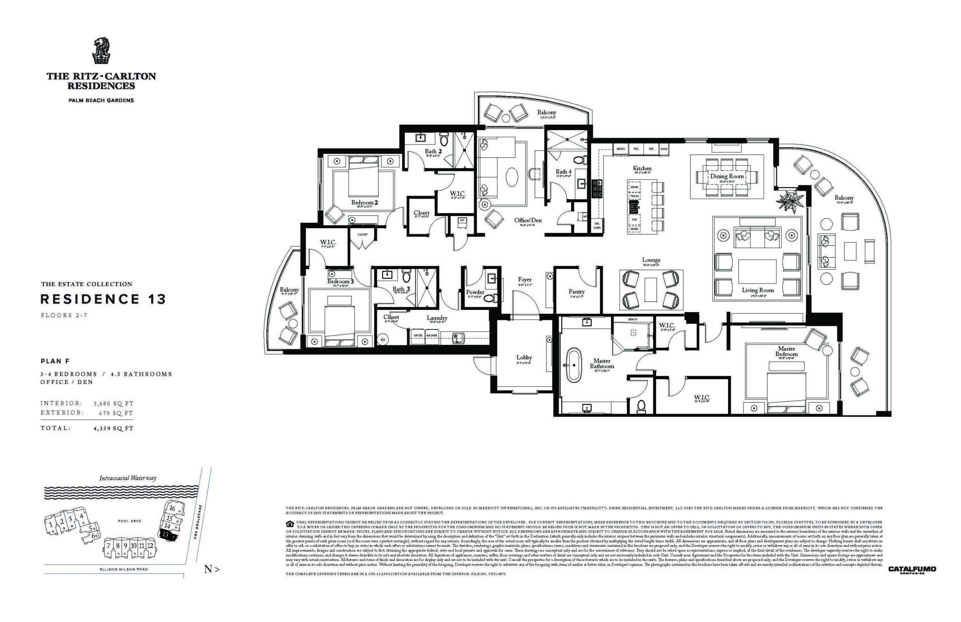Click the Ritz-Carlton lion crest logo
(x=101, y=51)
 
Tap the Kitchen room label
(x=642, y=169)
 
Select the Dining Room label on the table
(x=727, y=177)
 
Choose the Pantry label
(x=576, y=292)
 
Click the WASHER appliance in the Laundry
(x=431, y=336)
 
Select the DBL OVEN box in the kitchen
(x=597, y=225)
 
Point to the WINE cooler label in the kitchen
(x=663, y=149)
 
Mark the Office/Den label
(x=528, y=220)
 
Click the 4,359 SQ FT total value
(x=113, y=428)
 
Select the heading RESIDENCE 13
(x=103, y=299)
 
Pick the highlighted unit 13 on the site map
(x=166, y=534)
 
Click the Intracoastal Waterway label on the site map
(x=127, y=478)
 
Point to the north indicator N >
(x=212, y=569)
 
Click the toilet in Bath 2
(x=444, y=139)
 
